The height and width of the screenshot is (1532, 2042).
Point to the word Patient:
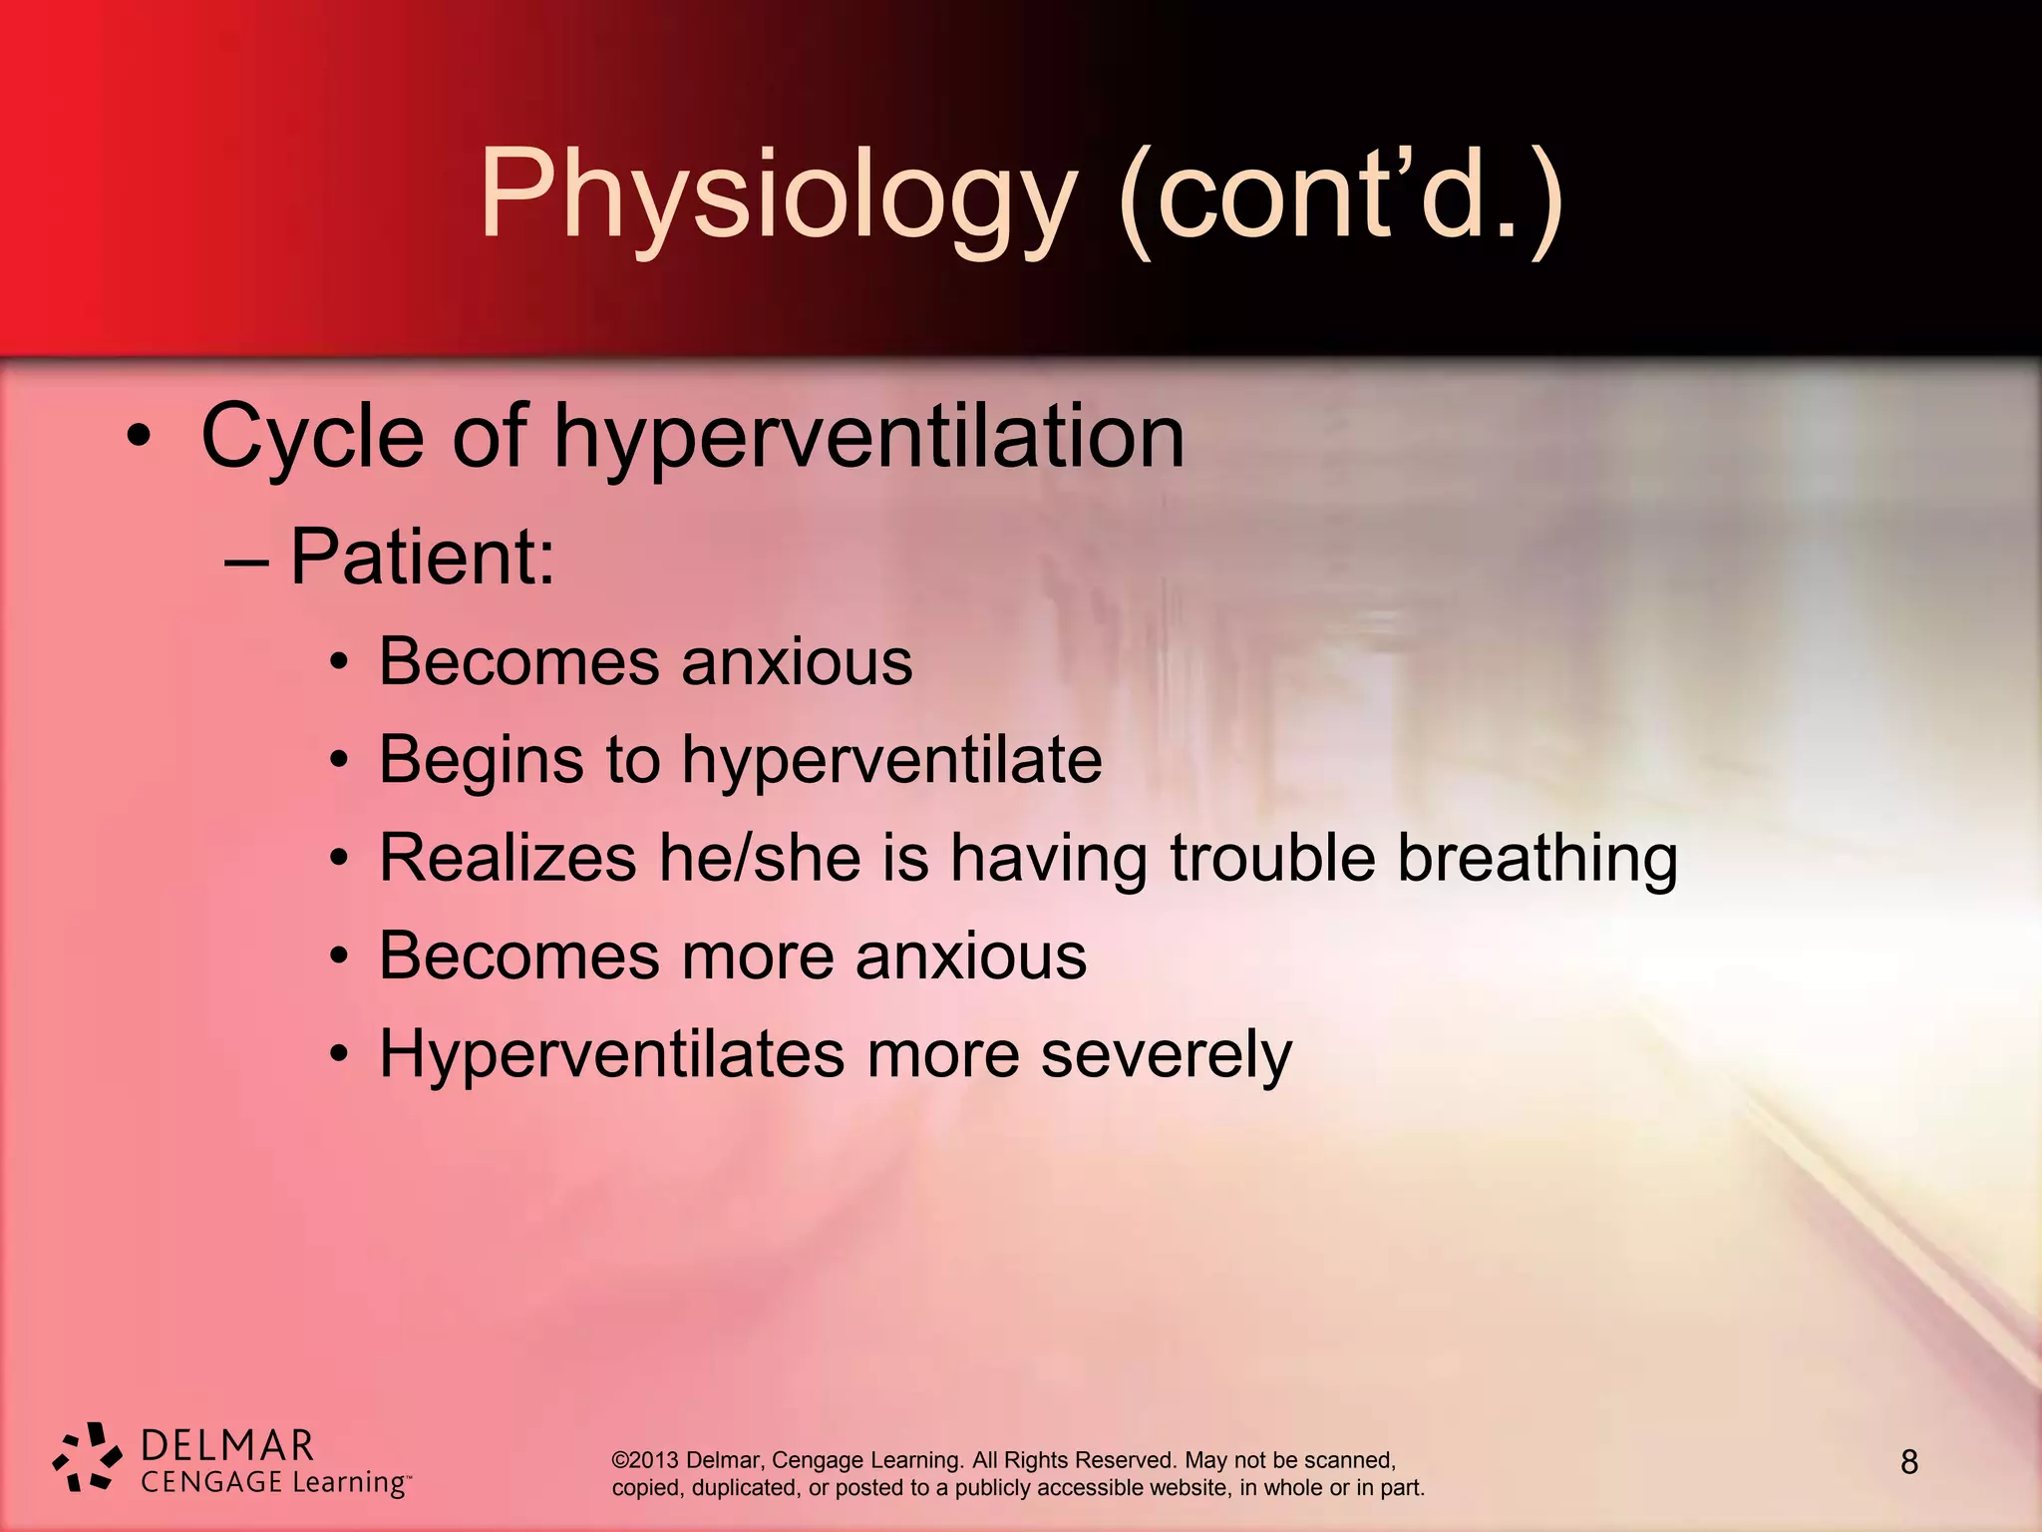422,558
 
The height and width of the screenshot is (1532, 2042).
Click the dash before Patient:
246,561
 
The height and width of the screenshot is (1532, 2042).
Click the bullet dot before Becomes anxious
339,662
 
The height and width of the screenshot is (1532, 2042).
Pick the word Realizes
507,858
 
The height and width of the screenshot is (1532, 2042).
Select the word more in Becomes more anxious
758,957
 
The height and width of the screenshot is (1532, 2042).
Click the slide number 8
1908,1462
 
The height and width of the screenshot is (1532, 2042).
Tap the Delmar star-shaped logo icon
87,1458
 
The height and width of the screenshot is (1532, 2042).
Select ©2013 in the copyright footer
644,1460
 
